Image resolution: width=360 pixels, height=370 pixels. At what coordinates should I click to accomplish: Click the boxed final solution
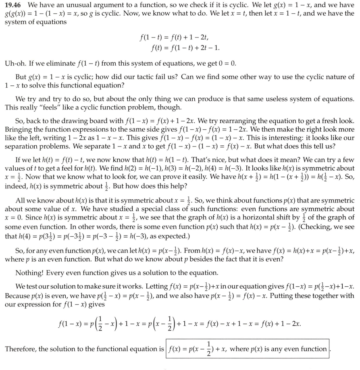[x=248, y=349]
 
